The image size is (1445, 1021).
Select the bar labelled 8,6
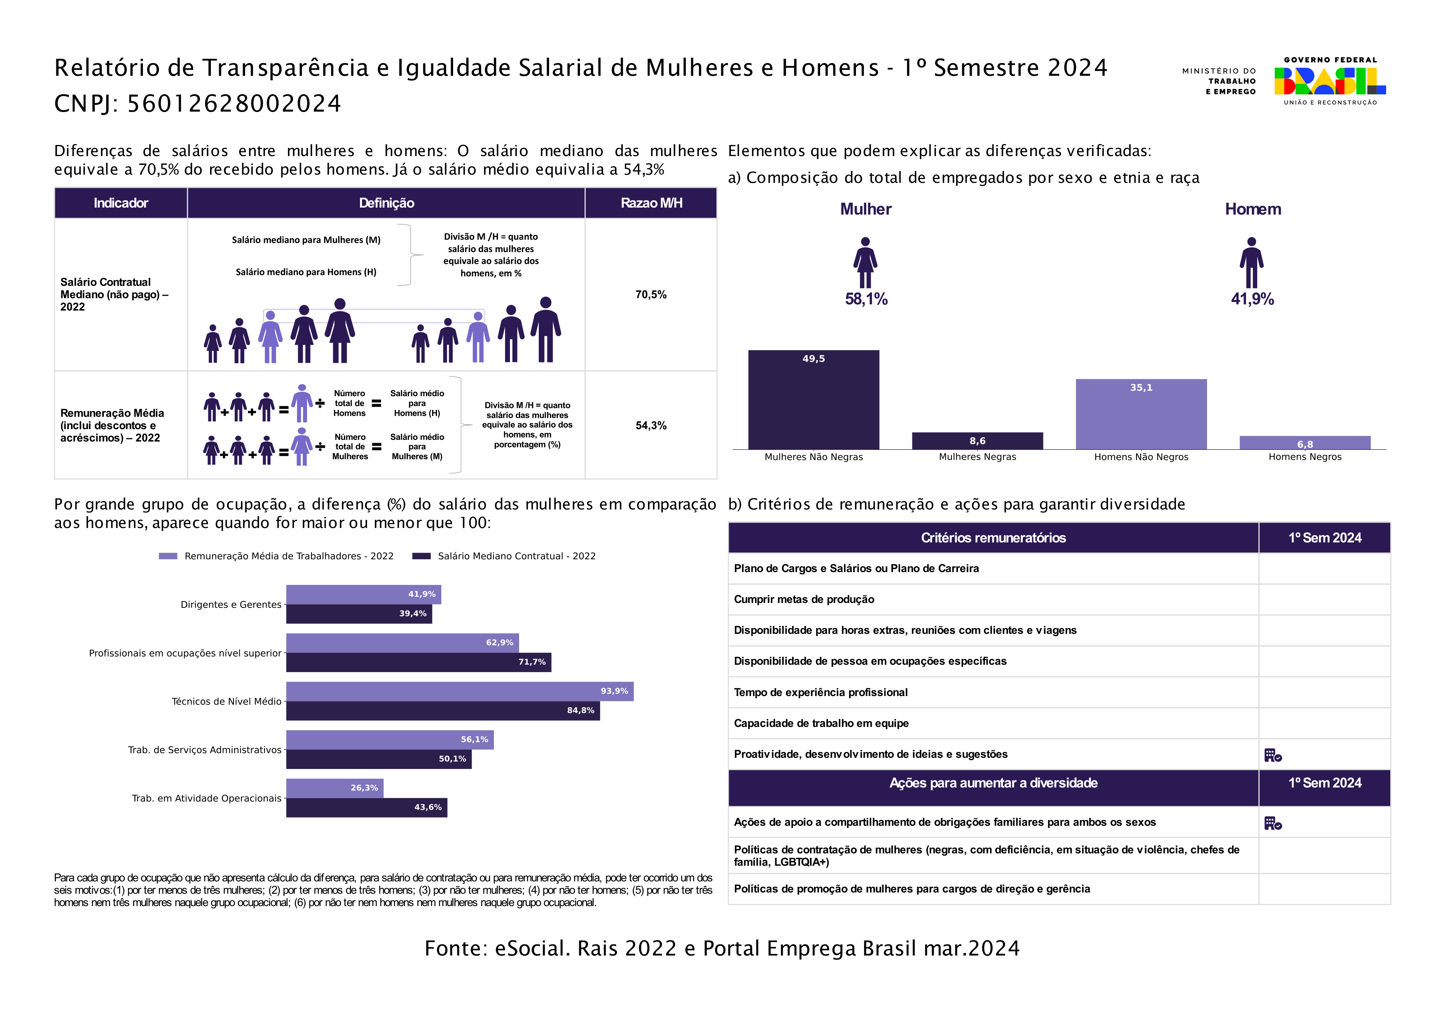pos(977,441)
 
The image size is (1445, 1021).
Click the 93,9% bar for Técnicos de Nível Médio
pos(459,692)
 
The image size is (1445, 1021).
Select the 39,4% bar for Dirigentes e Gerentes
pos(359,614)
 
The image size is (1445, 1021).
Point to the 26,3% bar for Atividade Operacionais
pos(335,788)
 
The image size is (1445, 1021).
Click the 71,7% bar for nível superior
pos(419,662)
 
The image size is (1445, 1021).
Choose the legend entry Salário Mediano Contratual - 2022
pos(503,556)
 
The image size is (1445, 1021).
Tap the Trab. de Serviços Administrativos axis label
pos(205,750)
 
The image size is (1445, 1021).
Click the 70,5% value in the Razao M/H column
pos(651,294)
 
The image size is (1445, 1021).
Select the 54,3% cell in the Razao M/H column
pos(651,425)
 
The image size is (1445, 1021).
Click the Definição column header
pos(386,203)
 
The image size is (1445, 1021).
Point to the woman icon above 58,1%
pos(865,262)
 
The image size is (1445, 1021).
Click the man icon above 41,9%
pos(1252,262)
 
